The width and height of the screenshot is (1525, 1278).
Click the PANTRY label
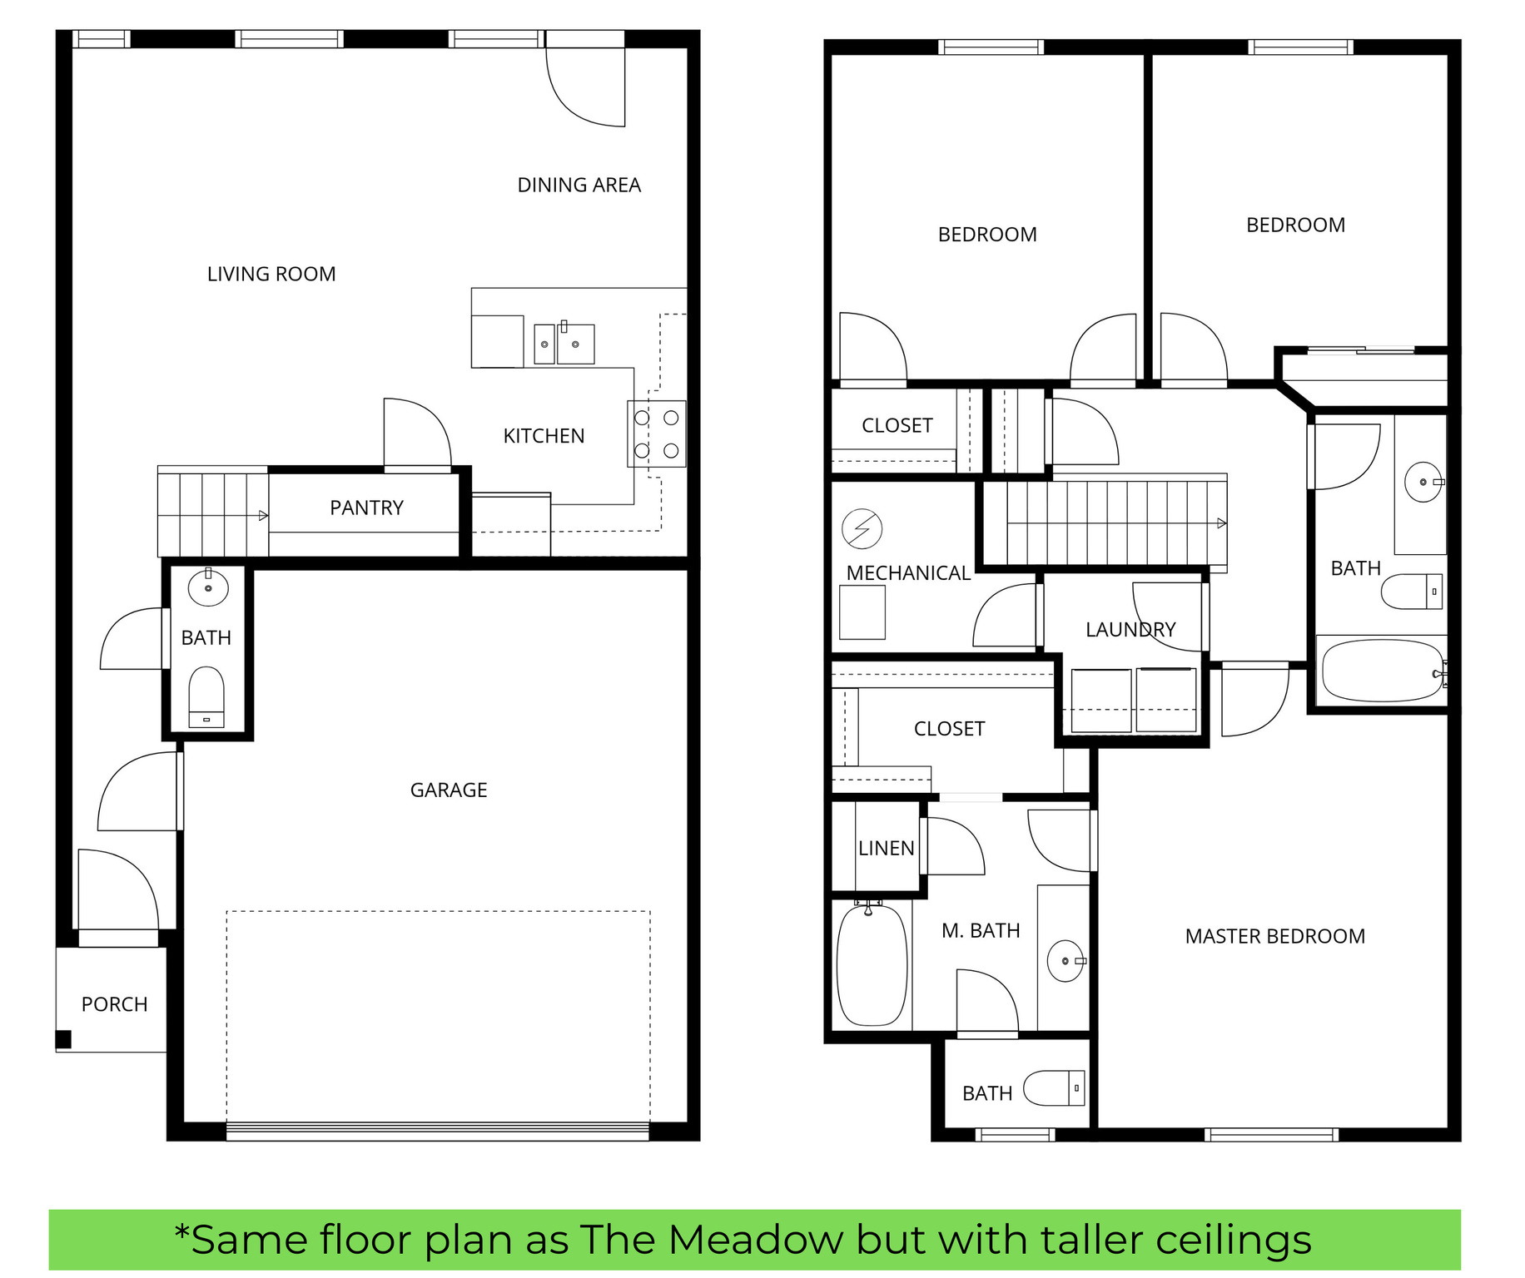coord(366,508)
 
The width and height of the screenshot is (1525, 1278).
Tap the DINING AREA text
coord(579,185)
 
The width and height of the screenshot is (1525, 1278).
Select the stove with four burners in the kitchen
coord(656,434)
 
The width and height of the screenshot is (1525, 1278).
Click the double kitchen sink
coord(564,344)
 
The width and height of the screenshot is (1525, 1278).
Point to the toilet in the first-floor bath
coord(206,696)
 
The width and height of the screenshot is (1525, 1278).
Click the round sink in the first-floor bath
coord(208,587)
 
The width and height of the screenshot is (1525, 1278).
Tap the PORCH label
coord(114,1004)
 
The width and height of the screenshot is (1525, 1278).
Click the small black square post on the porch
coord(63,1039)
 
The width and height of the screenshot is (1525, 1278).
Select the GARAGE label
coord(449,790)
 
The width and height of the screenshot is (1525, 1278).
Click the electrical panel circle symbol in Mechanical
coord(862,528)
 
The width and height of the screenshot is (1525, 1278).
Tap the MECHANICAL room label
coord(908,573)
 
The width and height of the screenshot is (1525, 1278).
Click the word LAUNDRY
coord(1130,630)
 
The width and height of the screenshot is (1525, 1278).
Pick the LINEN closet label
coord(886,848)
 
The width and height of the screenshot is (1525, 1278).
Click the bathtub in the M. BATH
coord(872,965)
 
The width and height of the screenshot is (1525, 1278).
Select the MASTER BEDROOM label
coord(1274,936)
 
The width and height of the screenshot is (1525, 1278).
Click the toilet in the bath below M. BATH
coord(1053,1087)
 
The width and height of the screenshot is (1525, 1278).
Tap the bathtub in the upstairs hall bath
coord(1382,671)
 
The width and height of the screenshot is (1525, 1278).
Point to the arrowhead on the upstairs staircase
coord(1221,523)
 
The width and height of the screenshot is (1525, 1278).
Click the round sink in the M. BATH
coord(1065,961)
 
